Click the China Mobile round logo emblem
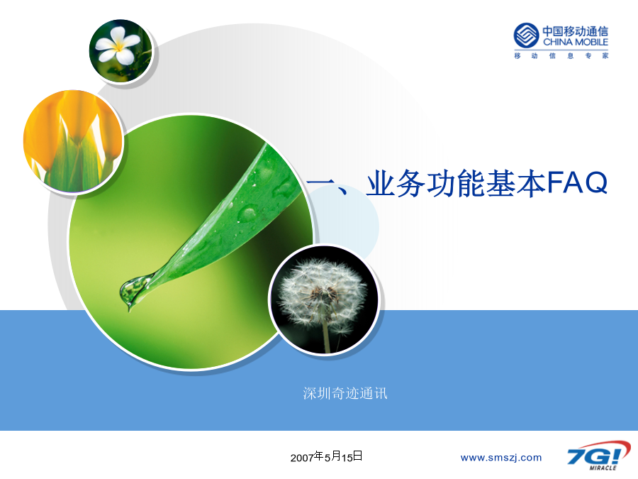point(526,35)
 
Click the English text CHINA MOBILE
point(576,42)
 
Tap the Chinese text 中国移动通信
point(576,31)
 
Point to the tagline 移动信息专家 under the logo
point(561,56)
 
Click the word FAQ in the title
point(577,183)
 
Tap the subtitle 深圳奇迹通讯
point(345,393)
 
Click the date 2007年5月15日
point(326,456)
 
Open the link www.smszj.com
point(501,458)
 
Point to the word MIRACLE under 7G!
point(603,468)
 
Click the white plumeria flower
point(118,45)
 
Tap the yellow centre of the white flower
point(118,48)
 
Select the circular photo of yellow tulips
point(73,141)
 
